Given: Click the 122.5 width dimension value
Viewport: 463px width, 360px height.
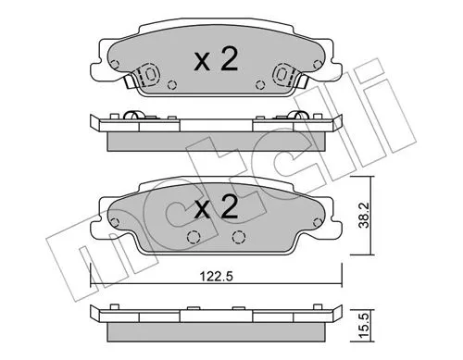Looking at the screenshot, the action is tap(217, 277).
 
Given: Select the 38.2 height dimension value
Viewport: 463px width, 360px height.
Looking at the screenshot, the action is tap(366, 215).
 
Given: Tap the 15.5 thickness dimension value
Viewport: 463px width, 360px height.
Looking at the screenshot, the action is tap(365, 325).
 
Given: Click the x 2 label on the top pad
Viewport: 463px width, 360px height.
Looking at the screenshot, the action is tap(216, 60).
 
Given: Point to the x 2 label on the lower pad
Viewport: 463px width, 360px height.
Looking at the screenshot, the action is tap(216, 207).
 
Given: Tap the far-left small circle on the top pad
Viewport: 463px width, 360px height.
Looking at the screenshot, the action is tap(115, 64).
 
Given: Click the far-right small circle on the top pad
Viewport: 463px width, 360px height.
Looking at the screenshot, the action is tap(317, 65).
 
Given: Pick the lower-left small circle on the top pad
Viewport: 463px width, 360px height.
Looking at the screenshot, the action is tap(171, 84).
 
